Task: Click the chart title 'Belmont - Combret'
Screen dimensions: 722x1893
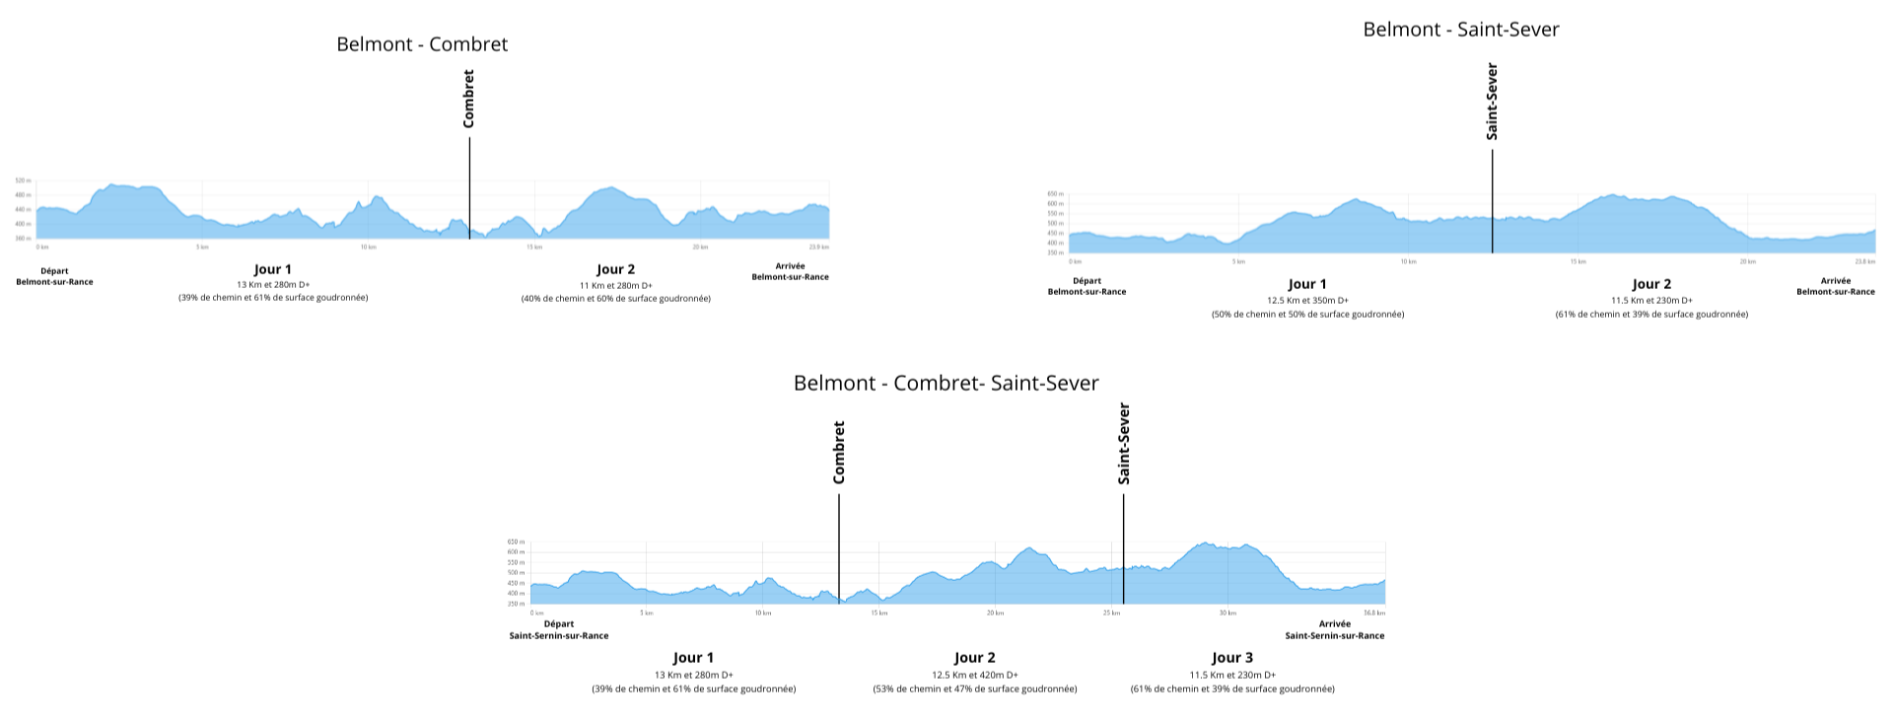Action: [x=422, y=44]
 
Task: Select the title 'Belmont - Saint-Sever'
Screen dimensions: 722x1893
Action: [x=1461, y=30]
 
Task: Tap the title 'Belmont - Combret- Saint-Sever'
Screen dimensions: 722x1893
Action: [x=946, y=383]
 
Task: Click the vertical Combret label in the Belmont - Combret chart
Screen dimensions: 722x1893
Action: [x=469, y=99]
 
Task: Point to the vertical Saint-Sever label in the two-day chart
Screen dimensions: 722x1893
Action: [x=1492, y=102]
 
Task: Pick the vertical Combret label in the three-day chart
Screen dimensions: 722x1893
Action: [x=839, y=453]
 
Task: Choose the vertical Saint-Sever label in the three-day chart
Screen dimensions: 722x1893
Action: [x=1124, y=444]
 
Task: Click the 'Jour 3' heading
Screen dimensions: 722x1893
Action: [x=1232, y=658]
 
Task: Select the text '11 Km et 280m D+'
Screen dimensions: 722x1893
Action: [x=615, y=286]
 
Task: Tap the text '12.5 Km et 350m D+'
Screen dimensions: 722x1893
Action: [x=1307, y=301]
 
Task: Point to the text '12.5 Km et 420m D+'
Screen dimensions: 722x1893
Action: [x=974, y=676]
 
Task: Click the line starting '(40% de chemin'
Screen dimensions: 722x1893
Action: [x=615, y=299]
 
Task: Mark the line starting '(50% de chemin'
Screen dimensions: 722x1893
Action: [x=1307, y=315]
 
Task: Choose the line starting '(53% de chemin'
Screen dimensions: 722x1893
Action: [x=974, y=689]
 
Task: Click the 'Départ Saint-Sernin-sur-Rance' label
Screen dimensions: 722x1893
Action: [x=558, y=629]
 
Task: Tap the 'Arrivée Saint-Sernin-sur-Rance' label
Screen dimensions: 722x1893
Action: [x=1334, y=629]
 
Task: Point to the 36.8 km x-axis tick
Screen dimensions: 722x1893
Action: [x=1374, y=613]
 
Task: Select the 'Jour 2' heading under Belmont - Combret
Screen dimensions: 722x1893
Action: [x=615, y=269]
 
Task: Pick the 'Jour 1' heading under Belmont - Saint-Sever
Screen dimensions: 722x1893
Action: [x=1307, y=284]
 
